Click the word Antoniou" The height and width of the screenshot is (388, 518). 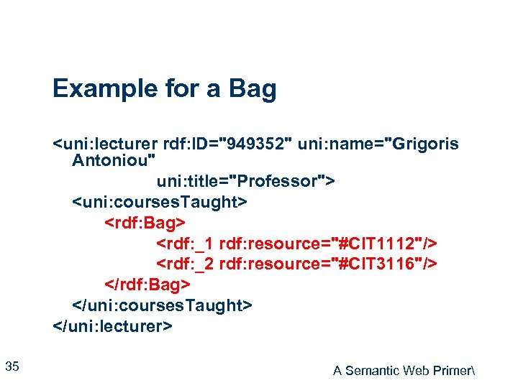click(107, 160)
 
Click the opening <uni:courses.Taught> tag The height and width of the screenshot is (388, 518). click(160, 202)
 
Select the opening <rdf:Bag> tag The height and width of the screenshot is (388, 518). click(145, 223)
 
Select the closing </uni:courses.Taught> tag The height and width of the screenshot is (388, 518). click(163, 306)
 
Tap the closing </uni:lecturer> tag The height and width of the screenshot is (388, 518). click(112, 327)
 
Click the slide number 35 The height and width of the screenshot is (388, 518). click(12, 367)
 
